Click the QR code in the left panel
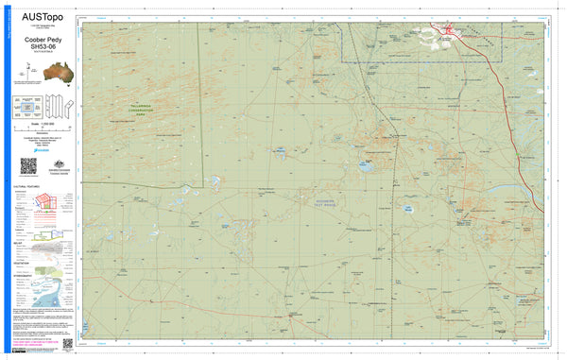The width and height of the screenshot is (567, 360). pyautogui.click(x=28, y=165)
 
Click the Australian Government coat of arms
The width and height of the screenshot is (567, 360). pyautogui.click(x=56, y=162)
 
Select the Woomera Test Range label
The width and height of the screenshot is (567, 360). pyautogui.click(x=331, y=199)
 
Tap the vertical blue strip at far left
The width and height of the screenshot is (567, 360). pyautogui.click(x=5, y=180)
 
